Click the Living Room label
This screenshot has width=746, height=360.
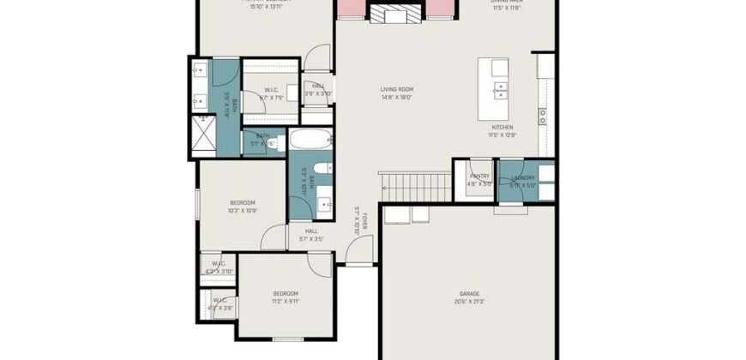coord(397,93)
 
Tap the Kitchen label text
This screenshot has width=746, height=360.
coord(502,130)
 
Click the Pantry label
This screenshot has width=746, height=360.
coord(479,179)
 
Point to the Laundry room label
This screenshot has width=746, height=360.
coord(522,179)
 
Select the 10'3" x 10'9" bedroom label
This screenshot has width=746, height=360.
coord(243,206)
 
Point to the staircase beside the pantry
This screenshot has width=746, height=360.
coord(414,181)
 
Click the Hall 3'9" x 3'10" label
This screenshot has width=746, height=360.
coord(317,89)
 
